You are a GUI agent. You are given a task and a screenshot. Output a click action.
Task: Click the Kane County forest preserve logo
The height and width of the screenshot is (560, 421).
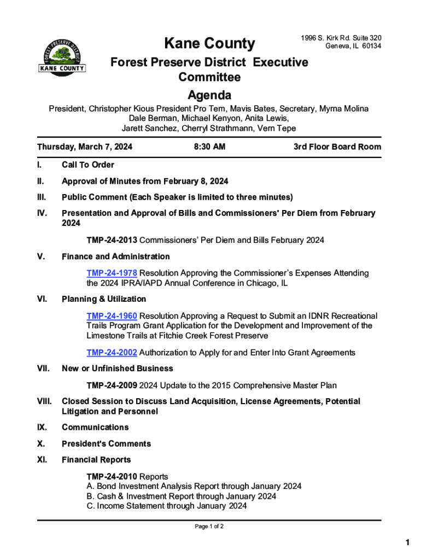(x=62, y=56)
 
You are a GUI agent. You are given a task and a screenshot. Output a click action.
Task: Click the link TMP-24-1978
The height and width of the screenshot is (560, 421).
(x=112, y=273)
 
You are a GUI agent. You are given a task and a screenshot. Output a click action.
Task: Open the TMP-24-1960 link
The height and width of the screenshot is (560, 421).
(x=112, y=316)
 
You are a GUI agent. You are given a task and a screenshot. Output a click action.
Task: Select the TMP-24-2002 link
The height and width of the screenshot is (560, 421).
(x=112, y=353)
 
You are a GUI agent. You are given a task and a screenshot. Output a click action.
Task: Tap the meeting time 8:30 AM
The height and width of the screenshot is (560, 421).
(x=209, y=147)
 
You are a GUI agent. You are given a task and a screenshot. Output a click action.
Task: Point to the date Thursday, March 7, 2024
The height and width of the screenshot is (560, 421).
(x=84, y=147)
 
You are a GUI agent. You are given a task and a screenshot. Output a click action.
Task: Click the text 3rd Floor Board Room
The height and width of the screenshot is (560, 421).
(x=337, y=147)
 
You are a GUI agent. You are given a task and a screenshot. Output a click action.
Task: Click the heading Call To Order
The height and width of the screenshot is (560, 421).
(x=88, y=165)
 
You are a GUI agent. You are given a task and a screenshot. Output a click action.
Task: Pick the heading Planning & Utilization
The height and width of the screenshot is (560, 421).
(x=104, y=299)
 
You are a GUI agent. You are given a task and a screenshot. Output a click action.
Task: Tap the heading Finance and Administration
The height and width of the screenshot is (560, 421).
(x=116, y=256)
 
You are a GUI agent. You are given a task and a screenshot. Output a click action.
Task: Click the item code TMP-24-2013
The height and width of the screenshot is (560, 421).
(x=112, y=240)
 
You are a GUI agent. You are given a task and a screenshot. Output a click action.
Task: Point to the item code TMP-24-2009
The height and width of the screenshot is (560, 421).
(x=112, y=386)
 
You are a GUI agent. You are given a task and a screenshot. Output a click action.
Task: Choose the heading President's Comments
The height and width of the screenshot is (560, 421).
(x=106, y=444)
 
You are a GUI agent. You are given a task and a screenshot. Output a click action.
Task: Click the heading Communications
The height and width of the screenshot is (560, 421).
(x=95, y=427)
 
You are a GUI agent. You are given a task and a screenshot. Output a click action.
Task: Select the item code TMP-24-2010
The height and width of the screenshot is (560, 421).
(x=112, y=477)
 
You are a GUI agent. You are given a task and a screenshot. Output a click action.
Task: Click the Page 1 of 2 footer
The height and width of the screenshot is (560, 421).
(x=209, y=527)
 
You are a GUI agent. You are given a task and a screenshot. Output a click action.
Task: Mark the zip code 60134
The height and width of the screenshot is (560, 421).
(x=370, y=46)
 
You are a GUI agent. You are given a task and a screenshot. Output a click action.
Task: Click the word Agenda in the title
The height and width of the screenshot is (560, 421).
(x=209, y=94)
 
